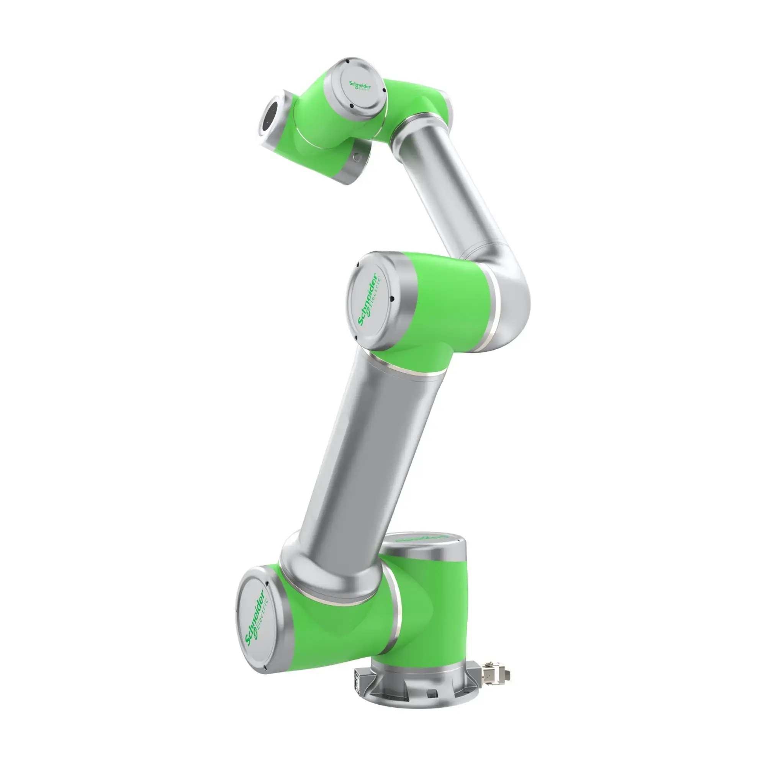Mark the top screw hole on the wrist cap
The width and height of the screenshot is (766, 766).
(x=347, y=61)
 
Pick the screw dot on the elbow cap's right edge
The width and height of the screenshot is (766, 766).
(x=391, y=299)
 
